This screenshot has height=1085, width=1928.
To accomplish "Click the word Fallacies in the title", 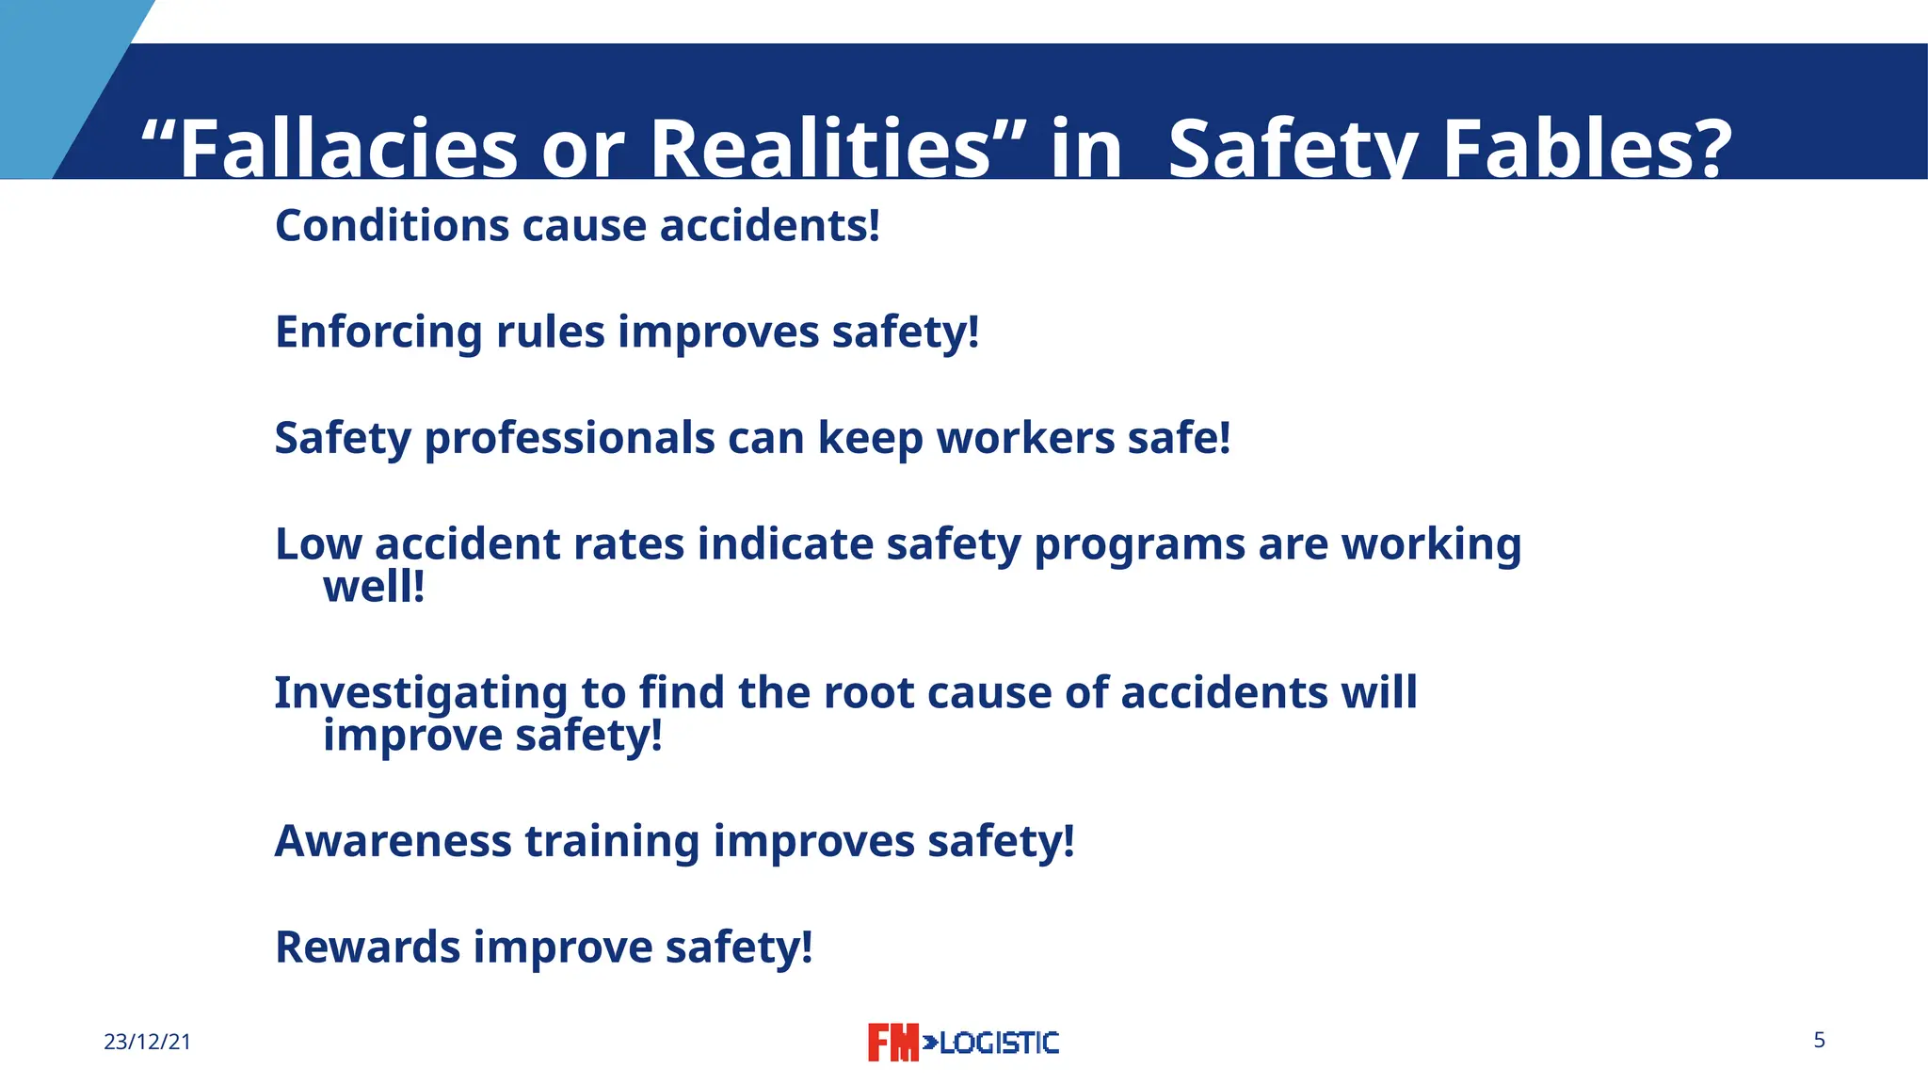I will point(348,149).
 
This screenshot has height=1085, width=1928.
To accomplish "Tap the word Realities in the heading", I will point(819,149).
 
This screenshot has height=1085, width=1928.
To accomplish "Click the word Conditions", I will point(392,226).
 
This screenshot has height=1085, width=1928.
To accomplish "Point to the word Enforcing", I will point(378,332).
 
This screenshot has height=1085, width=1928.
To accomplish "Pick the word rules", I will point(551,332).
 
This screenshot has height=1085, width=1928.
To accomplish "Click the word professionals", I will point(570,439).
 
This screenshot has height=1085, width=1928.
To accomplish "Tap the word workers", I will point(1012,439).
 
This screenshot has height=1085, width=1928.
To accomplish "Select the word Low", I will point(317,544).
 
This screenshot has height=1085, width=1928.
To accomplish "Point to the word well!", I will point(374,587).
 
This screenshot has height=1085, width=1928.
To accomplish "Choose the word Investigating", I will point(421,694).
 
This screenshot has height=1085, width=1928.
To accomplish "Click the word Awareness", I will point(393,841).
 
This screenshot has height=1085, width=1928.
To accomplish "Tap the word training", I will point(612,842).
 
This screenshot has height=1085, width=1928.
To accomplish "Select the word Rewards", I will point(367,947).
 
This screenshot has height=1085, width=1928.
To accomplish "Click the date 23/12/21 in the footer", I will point(147,1043).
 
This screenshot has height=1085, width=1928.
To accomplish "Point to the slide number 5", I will point(1819,1041).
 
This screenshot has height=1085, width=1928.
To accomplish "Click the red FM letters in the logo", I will point(892,1043).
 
